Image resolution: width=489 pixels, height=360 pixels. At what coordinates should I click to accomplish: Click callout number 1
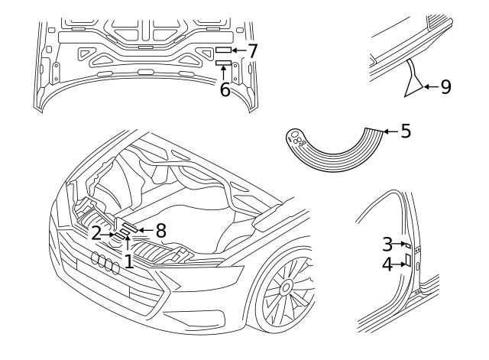[x=128, y=261]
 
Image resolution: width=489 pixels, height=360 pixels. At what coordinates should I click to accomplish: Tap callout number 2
[x=97, y=232]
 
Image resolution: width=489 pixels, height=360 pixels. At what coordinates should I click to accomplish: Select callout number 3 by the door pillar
[x=387, y=244]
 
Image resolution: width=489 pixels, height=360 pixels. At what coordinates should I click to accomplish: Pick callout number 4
[x=387, y=264]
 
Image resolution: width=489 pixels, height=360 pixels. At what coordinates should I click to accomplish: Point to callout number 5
[x=406, y=131]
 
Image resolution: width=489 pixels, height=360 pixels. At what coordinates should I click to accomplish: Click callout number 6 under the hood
[x=225, y=90]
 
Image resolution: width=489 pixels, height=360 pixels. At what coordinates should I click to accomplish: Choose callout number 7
[x=252, y=51]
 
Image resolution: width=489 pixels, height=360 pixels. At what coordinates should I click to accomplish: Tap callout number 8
[x=160, y=229]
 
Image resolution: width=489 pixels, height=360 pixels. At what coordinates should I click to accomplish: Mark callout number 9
[x=445, y=86]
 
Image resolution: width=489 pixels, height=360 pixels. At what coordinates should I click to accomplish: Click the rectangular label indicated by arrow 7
[x=222, y=49]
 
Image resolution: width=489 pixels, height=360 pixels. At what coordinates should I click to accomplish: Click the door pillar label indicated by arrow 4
[x=408, y=261]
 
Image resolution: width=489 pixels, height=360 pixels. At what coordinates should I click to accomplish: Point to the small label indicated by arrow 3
[x=408, y=246]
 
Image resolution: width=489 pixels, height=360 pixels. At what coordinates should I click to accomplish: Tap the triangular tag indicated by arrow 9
[x=413, y=85]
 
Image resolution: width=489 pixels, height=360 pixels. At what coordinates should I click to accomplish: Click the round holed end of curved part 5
[x=296, y=139]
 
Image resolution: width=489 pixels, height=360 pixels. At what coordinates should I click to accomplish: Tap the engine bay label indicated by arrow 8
[x=128, y=227]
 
